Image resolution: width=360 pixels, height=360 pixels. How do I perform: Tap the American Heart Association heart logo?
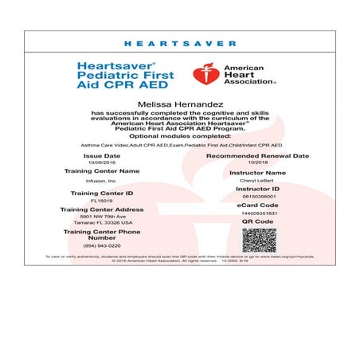point(204,75)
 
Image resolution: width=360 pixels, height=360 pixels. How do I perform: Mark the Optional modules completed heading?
point(180,136)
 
